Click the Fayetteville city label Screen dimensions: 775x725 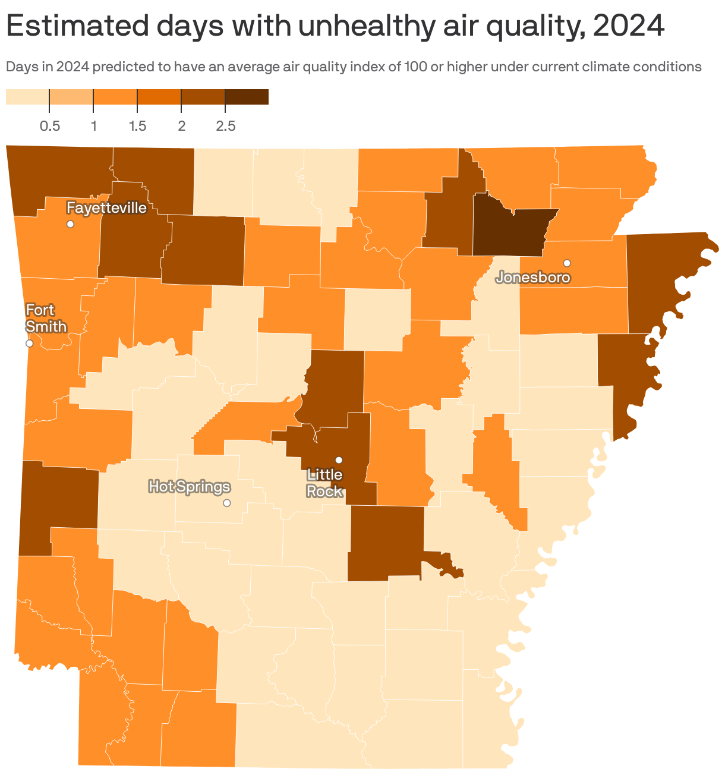tap(106, 208)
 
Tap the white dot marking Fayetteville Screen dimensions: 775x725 tap(70, 224)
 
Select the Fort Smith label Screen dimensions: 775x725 tap(46, 319)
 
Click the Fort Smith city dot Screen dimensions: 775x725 tap(29, 344)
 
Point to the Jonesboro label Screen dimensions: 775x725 tap(533, 278)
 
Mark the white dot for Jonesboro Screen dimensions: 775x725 tap(567, 263)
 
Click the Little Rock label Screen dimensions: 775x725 tap(324, 483)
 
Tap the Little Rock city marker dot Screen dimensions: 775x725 tap(339, 460)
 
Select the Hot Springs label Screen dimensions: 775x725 tap(189, 487)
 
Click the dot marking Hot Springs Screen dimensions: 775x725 tap(226, 503)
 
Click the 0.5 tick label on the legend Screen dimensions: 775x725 tap(49, 126)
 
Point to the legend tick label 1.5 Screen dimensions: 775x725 tap(137, 126)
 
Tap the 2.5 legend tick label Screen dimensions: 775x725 tap(225, 126)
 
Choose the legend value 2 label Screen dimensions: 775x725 tap(181, 126)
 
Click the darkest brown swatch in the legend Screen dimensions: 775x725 tap(247, 97)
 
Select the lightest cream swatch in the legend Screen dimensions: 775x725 tap(27, 97)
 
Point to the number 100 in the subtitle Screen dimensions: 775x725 tap(415, 67)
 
